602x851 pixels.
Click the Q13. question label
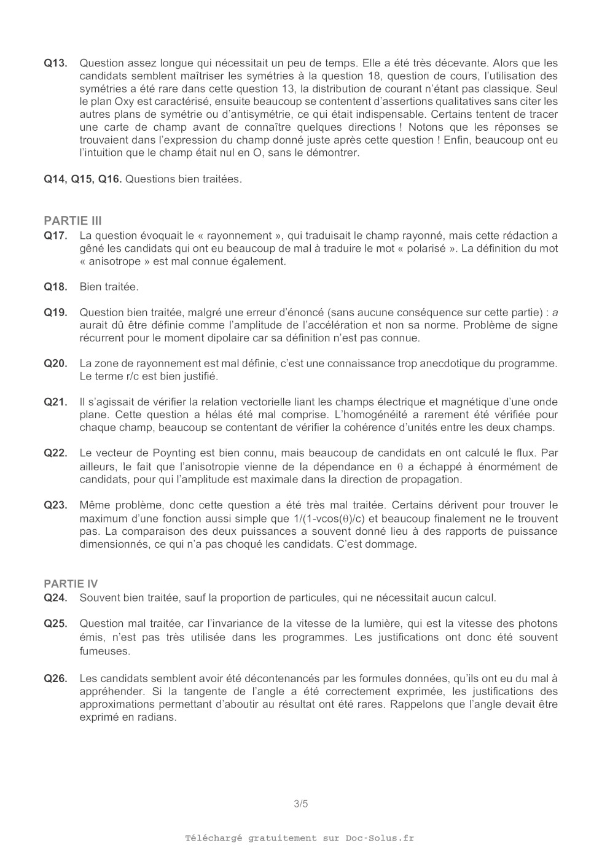55,63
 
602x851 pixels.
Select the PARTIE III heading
72,221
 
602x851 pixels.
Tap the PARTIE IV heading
71,584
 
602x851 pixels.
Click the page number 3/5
301,804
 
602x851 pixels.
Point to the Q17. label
55,236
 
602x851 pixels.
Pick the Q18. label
55,287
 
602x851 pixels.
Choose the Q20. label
55,363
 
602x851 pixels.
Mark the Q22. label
55,453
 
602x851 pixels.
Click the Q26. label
55,678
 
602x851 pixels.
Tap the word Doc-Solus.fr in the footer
380,838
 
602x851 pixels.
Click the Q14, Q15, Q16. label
83,179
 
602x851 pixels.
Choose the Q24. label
55,598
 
